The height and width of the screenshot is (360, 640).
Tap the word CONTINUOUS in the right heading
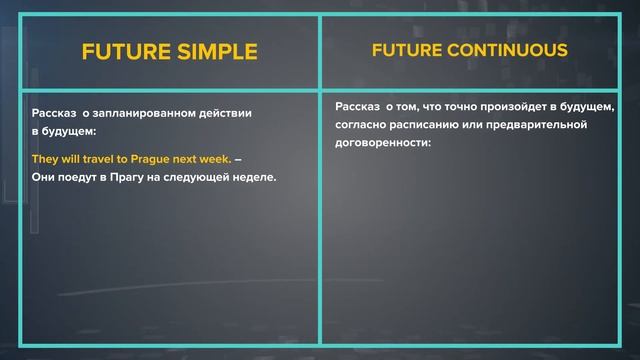[x=514, y=50]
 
